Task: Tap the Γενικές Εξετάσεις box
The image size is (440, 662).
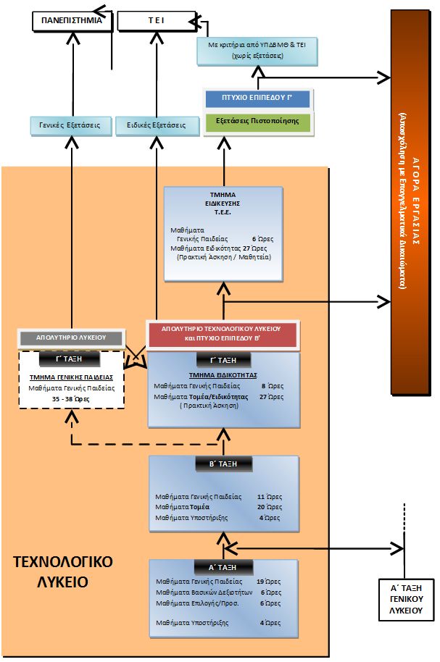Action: tap(71, 125)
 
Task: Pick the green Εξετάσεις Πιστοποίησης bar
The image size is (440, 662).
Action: tap(257, 121)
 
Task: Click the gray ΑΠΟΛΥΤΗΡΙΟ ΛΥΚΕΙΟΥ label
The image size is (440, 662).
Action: tap(71, 337)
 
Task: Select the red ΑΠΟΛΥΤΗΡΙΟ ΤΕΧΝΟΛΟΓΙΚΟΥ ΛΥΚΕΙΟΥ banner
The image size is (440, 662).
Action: tap(222, 333)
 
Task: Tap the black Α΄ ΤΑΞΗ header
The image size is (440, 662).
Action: tap(223, 566)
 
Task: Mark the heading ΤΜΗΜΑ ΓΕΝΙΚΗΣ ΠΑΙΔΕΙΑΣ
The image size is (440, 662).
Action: tap(71, 377)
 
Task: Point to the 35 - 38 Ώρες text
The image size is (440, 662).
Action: tap(71, 398)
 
